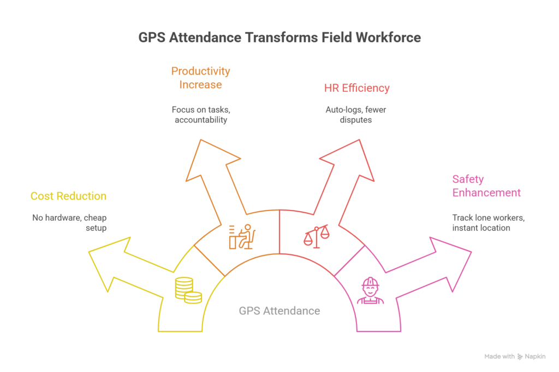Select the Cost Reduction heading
pyautogui.click(x=68, y=196)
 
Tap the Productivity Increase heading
pyautogui.click(x=200, y=77)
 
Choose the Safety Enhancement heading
pyautogui.click(x=486, y=185)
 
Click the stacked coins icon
pyautogui.click(x=188, y=290)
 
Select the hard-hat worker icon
pyautogui.click(x=370, y=290)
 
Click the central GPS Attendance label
pyautogui.click(x=279, y=311)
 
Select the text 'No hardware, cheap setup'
pyautogui.click(x=69, y=222)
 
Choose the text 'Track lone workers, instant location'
pyautogui.click(x=487, y=222)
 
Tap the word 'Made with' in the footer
pyautogui.click(x=499, y=357)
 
